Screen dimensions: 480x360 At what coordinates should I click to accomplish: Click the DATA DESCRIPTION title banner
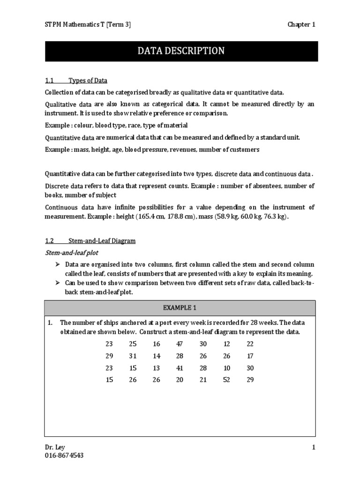coord(181,51)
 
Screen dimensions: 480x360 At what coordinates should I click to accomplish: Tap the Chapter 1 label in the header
coord(301,24)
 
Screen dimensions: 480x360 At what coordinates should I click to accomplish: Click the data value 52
coord(226,380)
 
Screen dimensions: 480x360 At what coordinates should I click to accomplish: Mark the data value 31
coord(133,356)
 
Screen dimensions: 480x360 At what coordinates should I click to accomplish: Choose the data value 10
coord(226,368)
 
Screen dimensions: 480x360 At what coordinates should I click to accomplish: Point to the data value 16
coord(157,344)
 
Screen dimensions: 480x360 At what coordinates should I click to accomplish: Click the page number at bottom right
coord(314,448)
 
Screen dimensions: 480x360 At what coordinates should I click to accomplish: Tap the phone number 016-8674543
coord(64,456)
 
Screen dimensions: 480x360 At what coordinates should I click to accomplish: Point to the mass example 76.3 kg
coord(276,217)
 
